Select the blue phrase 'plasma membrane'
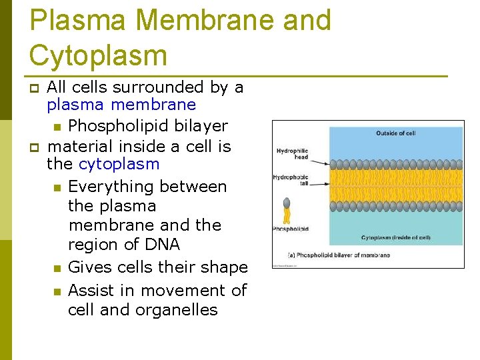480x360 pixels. point(121,105)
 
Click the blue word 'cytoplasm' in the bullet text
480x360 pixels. point(119,164)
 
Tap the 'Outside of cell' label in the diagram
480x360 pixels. point(395,133)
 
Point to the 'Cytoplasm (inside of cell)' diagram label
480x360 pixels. point(395,237)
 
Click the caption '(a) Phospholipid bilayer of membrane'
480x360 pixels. point(339,255)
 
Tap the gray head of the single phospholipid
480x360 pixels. point(287,203)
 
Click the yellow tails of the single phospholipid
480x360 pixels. point(287,216)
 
